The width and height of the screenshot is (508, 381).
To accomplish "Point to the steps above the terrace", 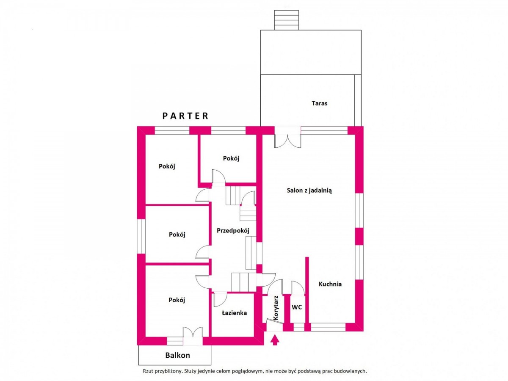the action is [x=286, y=20].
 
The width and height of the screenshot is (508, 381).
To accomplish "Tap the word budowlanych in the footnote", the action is [x=353, y=371].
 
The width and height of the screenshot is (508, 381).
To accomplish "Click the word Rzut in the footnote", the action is [x=147, y=371].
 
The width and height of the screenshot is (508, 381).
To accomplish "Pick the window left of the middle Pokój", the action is [x=141, y=236].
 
